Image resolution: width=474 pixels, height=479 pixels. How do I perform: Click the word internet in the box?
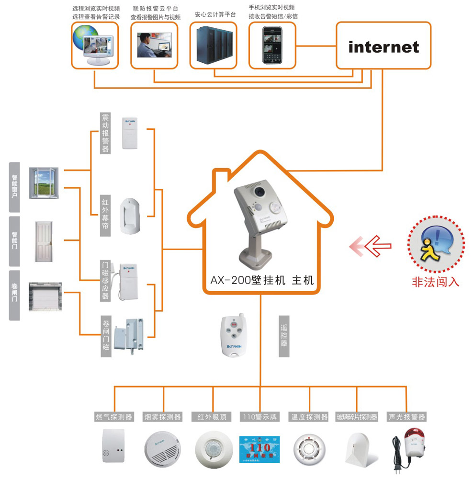(x=384, y=47)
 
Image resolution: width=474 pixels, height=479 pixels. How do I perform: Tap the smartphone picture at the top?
(x=272, y=45)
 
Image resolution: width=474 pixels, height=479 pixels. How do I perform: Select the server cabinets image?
(x=214, y=44)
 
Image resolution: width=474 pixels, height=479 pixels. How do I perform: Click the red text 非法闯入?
(x=436, y=282)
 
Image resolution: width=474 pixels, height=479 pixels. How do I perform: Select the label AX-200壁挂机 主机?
(x=261, y=280)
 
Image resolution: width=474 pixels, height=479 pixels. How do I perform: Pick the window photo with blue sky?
(x=44, y=182)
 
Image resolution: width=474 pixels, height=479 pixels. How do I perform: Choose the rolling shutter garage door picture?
(x=45, y=297)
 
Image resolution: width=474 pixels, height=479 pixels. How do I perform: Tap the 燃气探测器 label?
(x=114, y=417)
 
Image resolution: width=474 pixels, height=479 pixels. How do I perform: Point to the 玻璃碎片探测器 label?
(x=357, y=417)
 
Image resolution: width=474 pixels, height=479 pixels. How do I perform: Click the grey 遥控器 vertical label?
(x=284, y=336)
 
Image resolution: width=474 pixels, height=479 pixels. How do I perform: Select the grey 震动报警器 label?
(x=106, y=133)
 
